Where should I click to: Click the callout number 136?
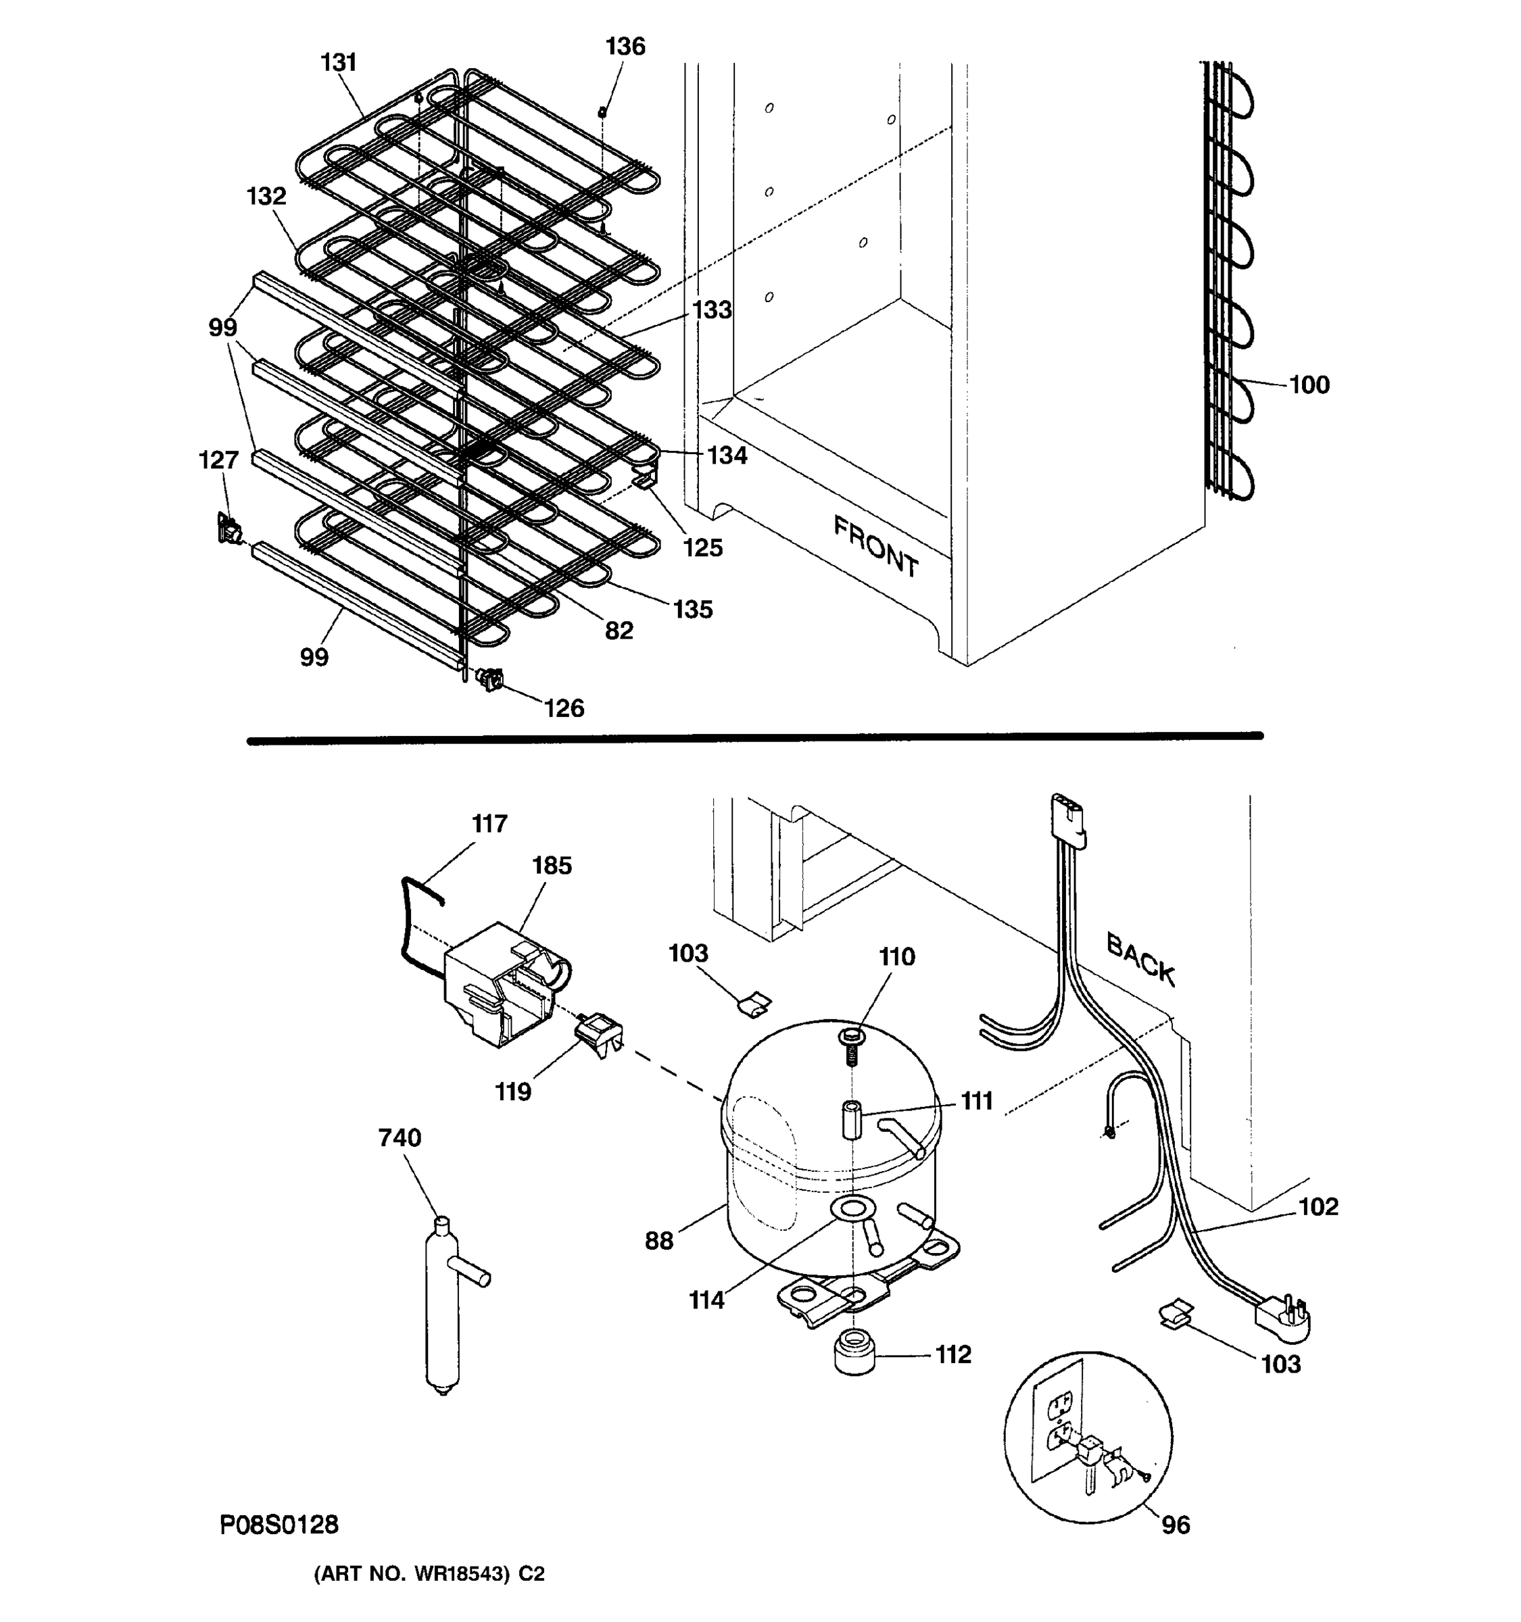[625, 47]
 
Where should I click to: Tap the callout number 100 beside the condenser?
[1309, 385]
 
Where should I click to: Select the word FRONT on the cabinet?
[875, 547]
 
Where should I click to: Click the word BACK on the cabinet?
[1140, 960]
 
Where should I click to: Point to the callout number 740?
[399, 1137]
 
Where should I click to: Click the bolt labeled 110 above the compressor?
[850, 1046]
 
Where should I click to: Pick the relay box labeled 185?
[500, 984]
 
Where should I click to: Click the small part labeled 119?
[599, 1034]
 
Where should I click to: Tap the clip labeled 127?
[228, 529]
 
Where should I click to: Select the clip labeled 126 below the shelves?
[490, 679]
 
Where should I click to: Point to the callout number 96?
[1175, 1524]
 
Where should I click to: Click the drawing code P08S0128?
[279, 1524]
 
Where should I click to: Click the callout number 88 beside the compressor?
[658, 1240]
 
